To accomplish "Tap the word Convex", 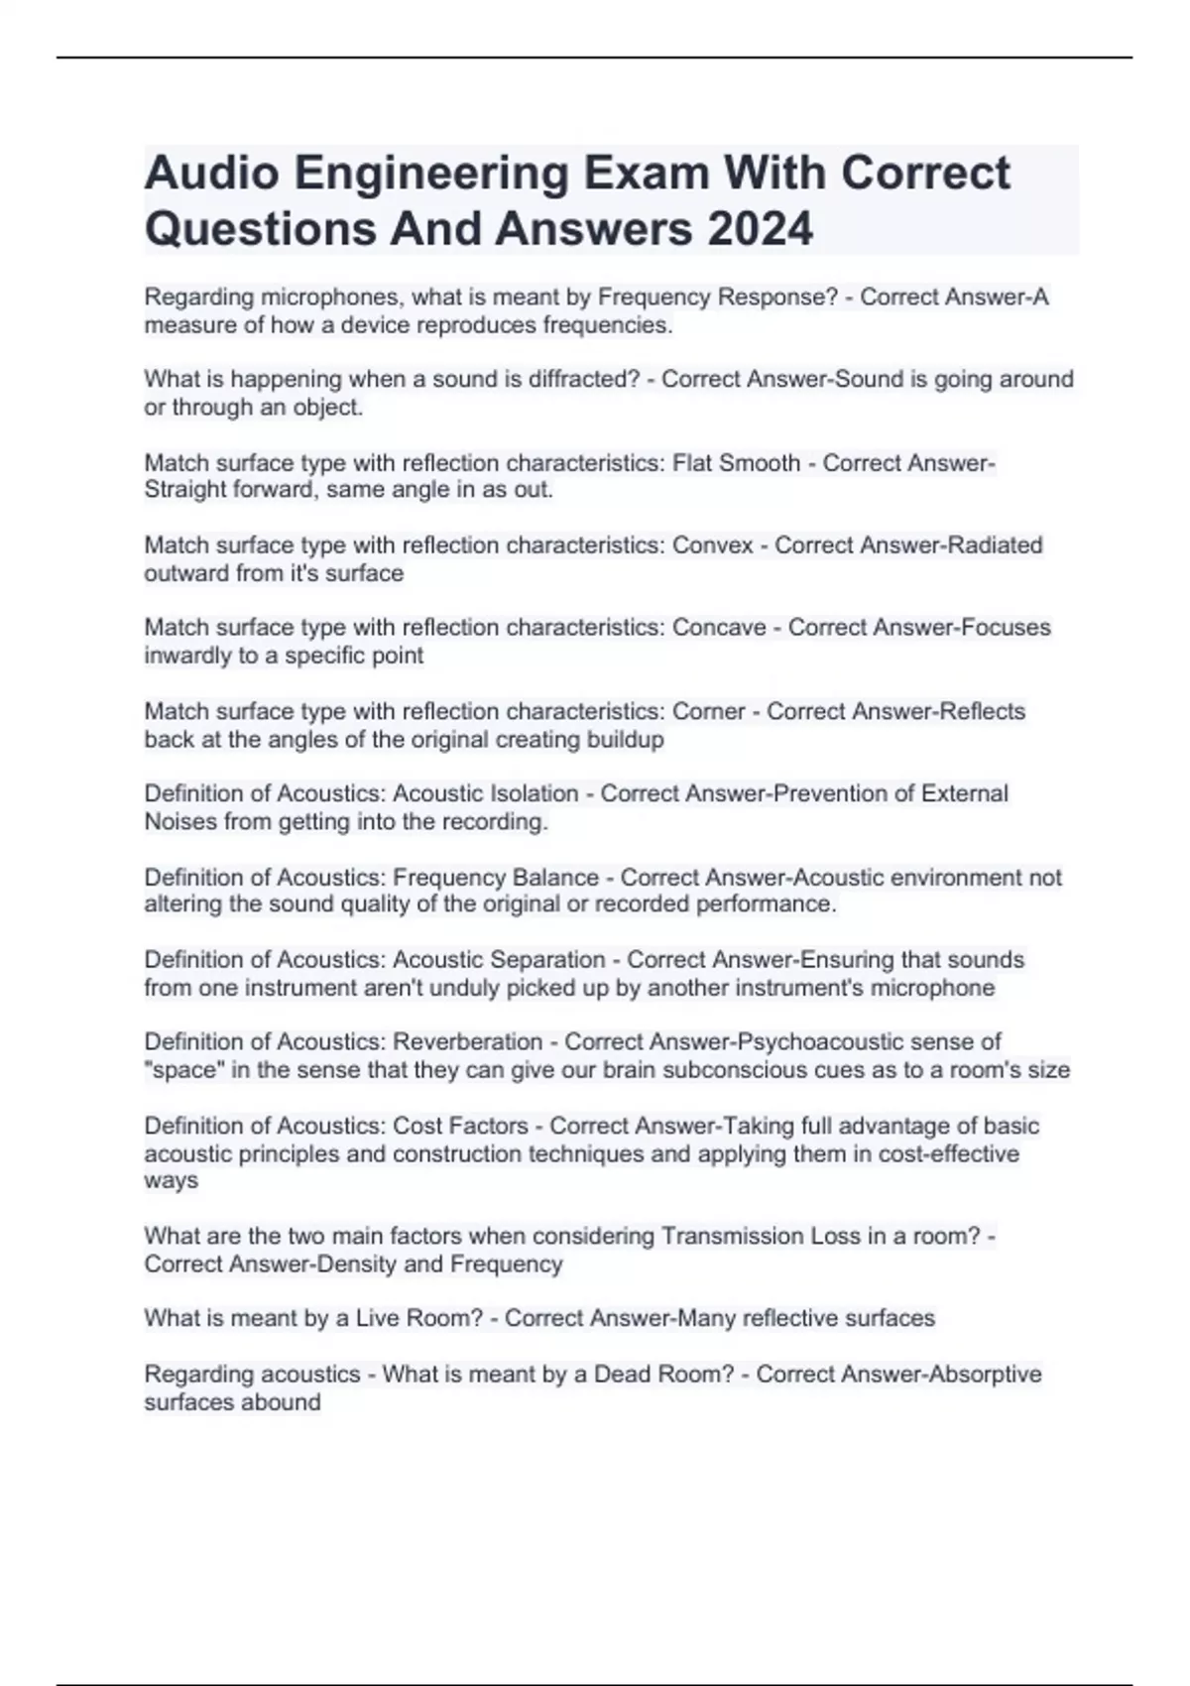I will coord(713,545).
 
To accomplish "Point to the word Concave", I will coord(719,628).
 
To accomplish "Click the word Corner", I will coord(708,711).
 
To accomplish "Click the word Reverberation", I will coord(467,1042).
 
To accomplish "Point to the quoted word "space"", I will coord(180,1070).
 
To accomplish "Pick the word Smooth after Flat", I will coord(763,463).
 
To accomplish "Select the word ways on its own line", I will coord(171,1181).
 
